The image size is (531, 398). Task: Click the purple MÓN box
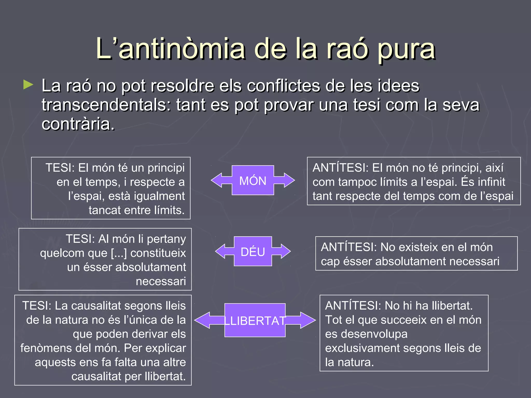coord(253,180)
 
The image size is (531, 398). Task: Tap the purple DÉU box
coord(253,251)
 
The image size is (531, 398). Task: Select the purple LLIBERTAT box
coord(255,320)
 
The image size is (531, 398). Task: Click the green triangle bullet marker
coord(28,85)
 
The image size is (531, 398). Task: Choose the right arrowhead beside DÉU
coord(285,251)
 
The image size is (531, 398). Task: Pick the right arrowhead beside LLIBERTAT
coord(308,320)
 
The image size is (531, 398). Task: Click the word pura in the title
coord(406,49)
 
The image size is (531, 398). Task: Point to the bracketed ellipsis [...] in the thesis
coord(119,253)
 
